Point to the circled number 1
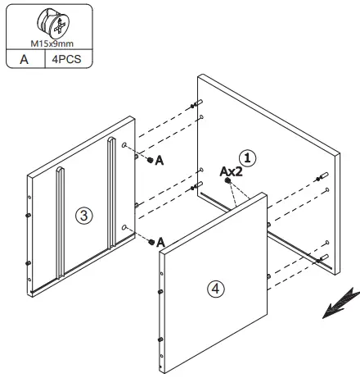247,155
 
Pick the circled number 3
83,215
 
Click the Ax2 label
232,172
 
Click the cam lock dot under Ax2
228,182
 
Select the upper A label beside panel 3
160,162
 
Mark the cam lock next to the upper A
150,161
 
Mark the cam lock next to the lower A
150,241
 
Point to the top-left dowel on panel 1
195,104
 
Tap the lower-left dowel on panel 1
195,186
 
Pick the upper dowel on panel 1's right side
322,177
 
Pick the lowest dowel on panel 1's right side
322,257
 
